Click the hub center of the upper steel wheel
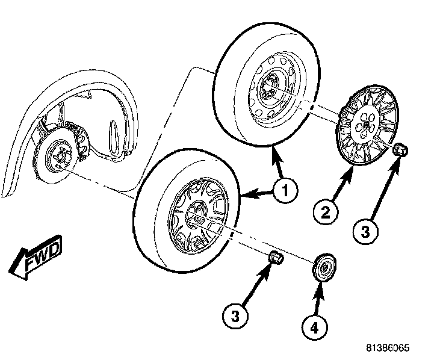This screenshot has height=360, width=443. click(268, 88)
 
